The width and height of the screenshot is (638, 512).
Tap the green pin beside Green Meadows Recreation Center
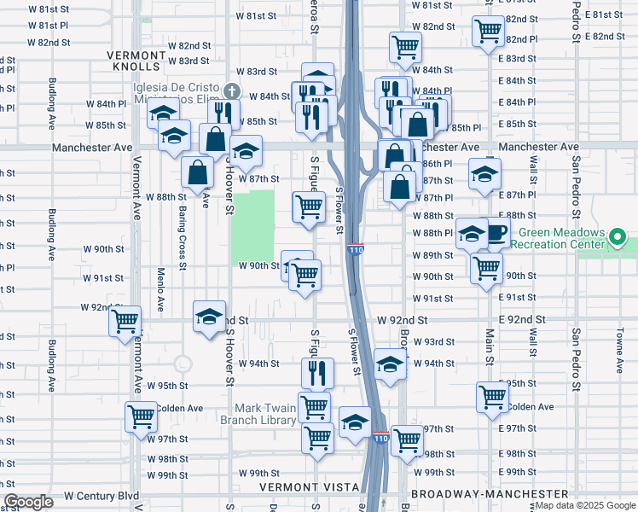(620, 236)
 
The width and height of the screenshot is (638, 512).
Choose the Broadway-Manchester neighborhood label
(490, 494)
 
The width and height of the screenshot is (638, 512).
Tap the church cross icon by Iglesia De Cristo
(231, 90)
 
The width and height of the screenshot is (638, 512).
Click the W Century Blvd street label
(101, 496)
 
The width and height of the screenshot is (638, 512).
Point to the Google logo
(28, 502)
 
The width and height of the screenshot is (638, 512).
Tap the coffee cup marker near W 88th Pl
(497, 231)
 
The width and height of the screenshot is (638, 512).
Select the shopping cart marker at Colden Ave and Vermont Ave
(141, 416)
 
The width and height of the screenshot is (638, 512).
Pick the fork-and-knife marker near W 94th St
(315, 372)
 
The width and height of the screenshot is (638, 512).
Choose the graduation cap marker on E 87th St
(484, 174)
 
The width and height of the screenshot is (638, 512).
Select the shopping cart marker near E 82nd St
(489, 31)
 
